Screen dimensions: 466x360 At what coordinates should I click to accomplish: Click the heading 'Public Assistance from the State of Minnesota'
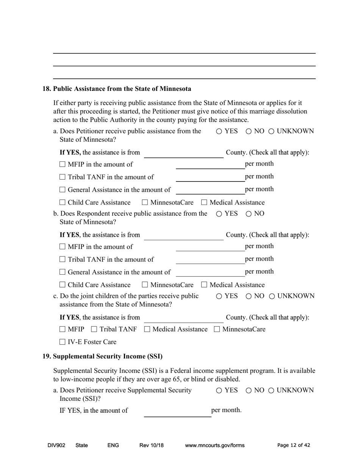(x=122, y=89)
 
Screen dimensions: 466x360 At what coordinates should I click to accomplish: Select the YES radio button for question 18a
(x=219, y=131)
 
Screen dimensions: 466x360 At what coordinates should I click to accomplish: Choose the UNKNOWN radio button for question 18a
(x=272, y=131)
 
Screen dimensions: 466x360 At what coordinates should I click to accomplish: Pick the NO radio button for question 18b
(x=249, y=214)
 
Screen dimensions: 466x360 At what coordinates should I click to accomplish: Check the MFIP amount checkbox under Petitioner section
(x=63, y=164)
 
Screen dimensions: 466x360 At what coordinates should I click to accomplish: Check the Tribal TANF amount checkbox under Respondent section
(x=63, y=260)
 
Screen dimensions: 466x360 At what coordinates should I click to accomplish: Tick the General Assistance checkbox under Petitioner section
(x=63, y=190)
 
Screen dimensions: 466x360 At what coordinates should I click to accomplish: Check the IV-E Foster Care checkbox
(x=63, y=342)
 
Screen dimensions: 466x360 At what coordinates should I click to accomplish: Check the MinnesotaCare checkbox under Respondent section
(x=145, y=285)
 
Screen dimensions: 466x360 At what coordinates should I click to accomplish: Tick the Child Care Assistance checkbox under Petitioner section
(x=63, y=203)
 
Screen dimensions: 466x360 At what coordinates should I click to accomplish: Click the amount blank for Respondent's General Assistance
(x=210, y=272)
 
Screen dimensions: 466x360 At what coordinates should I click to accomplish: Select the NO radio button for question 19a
(x=249, y=391)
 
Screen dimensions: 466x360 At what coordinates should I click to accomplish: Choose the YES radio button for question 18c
(x=219, y=296)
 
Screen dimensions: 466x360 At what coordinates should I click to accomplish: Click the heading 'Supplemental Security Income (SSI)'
(x=108, y=357)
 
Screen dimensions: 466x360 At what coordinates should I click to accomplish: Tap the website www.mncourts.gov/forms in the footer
(x=214, y=446)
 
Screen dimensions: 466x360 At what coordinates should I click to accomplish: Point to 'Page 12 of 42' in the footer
(x=294, y=446)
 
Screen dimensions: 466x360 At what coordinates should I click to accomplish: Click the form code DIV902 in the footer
(x=56, y=446)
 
